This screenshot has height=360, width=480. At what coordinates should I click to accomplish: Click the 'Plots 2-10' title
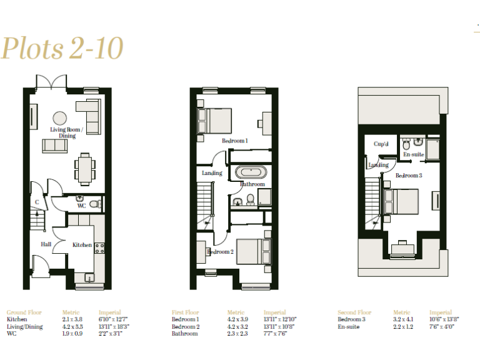point(62,48)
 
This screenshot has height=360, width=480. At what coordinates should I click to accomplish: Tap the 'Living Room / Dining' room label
point(67,132)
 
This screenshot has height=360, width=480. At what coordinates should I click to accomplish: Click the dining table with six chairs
point(86,166)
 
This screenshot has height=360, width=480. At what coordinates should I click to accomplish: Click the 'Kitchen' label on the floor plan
point(82,245)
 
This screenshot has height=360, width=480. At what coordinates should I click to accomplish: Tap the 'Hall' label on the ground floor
point(46,245)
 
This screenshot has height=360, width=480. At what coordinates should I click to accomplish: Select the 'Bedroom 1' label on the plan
point(235,141)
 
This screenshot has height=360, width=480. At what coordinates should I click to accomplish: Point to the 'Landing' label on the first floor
point(212,173)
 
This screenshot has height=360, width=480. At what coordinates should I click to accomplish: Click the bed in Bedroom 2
point(253,251)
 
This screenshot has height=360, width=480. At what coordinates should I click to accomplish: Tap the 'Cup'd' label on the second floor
point(381,144)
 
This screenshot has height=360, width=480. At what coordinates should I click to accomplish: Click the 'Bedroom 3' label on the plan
point(409,176)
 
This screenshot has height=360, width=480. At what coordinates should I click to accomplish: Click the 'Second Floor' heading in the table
point(354,312)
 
